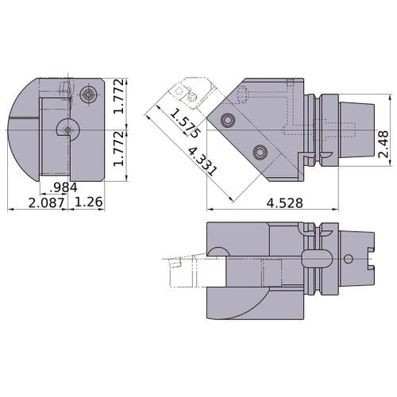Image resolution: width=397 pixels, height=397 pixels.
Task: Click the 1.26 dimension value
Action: pyautogui.click(x=88, y=202)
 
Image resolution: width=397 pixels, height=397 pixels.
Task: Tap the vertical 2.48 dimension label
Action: pyautogui.click(x=384, y=135)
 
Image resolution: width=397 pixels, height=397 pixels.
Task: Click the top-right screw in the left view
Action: pyautogui.click(x=87, y=95)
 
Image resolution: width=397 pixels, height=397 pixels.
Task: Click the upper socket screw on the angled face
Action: pyautogui.click(x=229, y=121)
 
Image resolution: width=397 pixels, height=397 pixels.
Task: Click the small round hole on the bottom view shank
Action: pyautogui.click(x=349, y=259)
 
